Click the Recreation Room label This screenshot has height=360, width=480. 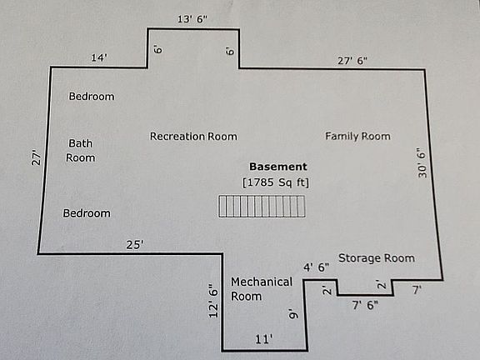point(193,136)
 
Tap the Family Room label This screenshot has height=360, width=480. point(357,136)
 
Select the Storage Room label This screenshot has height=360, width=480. point(377,258)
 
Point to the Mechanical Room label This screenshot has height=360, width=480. point(262,289)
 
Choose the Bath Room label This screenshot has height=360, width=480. point(81,151)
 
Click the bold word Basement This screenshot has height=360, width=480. point(278,167)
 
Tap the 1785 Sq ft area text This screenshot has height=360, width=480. point(276,182)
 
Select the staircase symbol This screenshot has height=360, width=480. point(262,207)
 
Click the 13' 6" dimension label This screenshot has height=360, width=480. point(192,19)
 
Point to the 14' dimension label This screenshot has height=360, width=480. point(99,57)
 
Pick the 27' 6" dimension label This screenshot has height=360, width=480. point(352,61)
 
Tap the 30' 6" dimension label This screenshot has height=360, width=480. point(422,162)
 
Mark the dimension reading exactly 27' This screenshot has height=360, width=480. point(36,157)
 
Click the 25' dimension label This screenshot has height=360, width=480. point(135,245)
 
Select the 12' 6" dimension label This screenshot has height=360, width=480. point(213,301)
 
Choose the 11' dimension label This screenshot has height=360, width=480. point(264,339)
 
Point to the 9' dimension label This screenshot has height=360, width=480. point(293,314)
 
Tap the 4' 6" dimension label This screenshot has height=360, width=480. point(317,267)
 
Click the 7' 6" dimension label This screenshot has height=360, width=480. point(365,305)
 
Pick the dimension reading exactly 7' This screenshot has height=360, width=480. point(417,290)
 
